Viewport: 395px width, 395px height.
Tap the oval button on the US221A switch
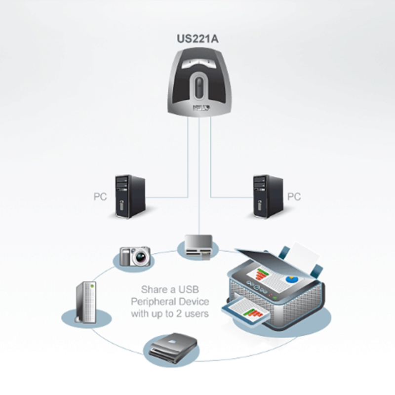(198, 86)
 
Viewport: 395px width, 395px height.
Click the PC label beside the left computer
(100, 197)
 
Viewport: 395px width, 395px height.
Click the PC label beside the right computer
(294, 197)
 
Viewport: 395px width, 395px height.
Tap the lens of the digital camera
(140, 257)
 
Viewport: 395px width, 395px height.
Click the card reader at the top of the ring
(198, 246)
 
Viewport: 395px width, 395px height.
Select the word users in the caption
(197, 313)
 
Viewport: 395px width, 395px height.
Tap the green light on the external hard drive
(90, 285)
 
